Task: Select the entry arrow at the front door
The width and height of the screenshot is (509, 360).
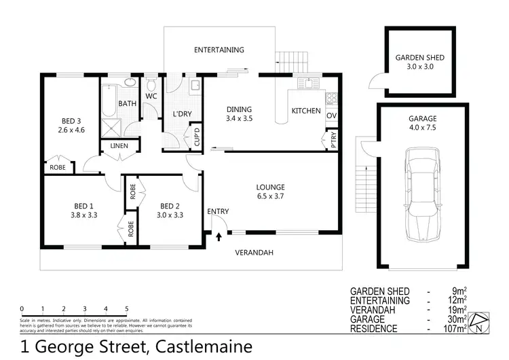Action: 219,237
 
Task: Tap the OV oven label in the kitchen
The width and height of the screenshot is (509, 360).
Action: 332,116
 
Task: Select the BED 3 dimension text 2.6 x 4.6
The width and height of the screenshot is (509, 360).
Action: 71,130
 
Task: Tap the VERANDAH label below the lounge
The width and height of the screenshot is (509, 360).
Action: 254,253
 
